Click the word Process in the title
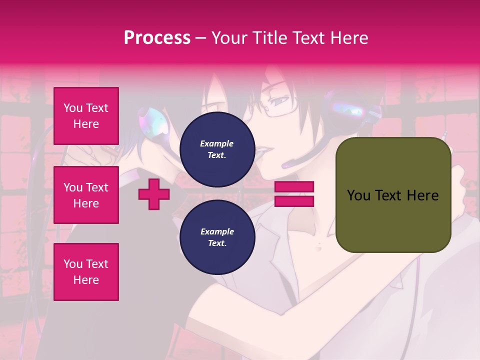pos(157,38)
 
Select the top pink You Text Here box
pos(86,116)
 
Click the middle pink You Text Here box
pos(86,195)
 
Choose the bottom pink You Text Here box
pos(86,272)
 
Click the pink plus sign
pos(154,194)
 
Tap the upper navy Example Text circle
pos(217,149)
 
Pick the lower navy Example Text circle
pos(217,237)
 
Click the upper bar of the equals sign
pos(294,186)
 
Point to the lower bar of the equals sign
pos(294,201)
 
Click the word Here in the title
pos(349,38)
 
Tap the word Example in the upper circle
pos(217,143)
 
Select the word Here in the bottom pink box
pos(86,280)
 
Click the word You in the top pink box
pos(72,108)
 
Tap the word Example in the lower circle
pos(217,231)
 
